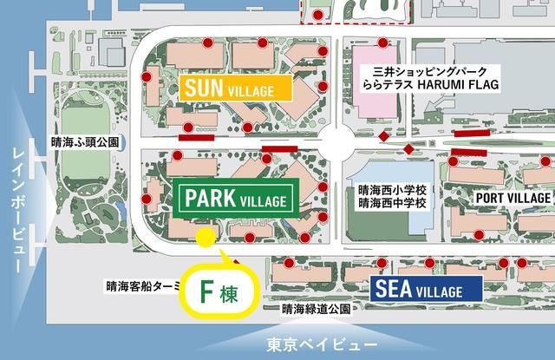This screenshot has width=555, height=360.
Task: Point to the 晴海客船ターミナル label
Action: pyautogui.click(x=139, y=285)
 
